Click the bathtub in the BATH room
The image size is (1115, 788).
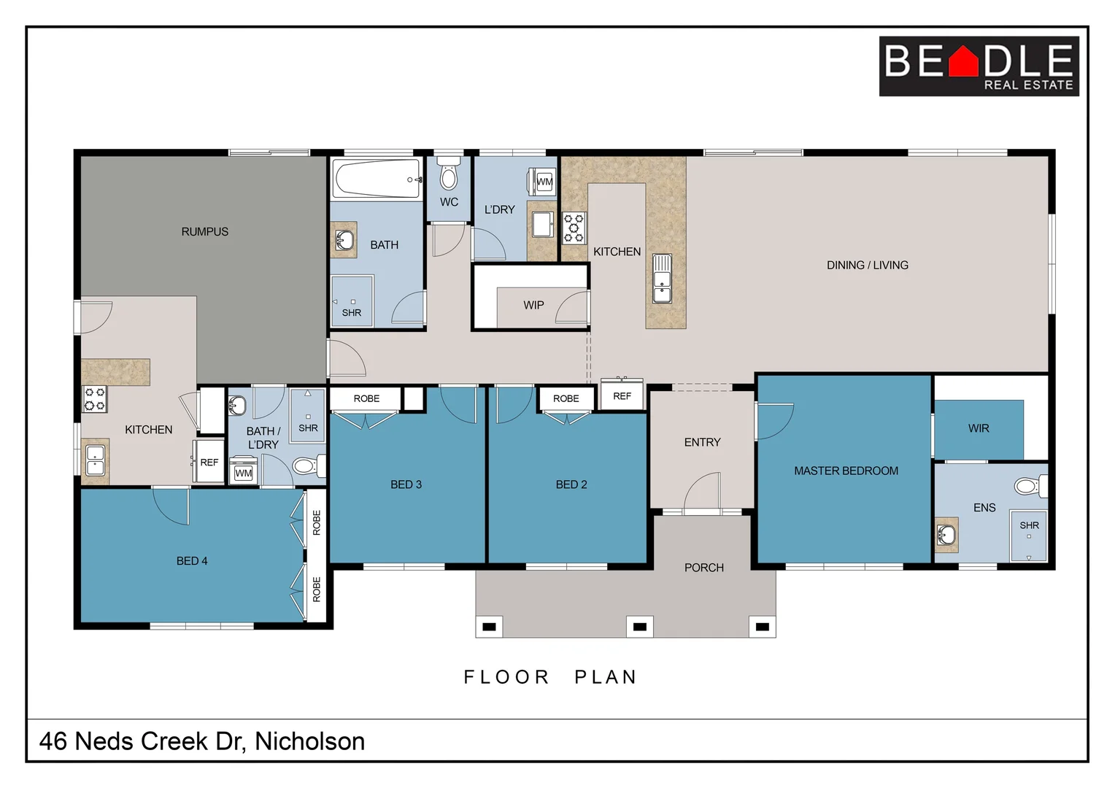377,179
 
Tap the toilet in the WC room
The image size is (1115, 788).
449,175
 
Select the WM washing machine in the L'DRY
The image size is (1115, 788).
544,182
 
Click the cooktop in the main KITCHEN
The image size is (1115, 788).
574,228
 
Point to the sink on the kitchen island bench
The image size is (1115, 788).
662,278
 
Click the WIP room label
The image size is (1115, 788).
533,305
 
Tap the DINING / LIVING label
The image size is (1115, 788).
867,266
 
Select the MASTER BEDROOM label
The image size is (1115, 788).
846,471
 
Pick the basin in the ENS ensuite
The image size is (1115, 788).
946,536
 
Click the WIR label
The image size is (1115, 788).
979,428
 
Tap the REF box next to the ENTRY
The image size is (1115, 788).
622,396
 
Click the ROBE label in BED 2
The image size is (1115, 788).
566,398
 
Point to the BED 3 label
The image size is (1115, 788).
406,484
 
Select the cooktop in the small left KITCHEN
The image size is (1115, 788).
95,399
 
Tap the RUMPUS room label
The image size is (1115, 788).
204,232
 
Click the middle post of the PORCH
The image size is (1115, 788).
639,627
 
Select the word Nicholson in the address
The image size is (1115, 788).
309,741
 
